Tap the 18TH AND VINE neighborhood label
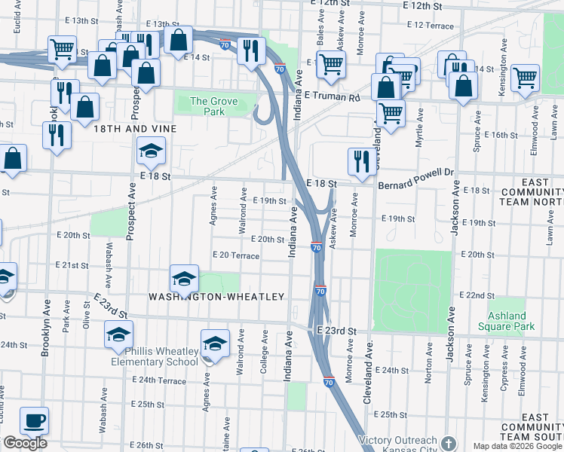point(135,129)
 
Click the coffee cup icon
point(34,420)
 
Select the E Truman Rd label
point(332,96)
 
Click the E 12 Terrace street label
point(430,26)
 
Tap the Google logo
point(25,443)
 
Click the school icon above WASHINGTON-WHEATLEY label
point(184,279)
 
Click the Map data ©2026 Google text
point(517,446)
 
